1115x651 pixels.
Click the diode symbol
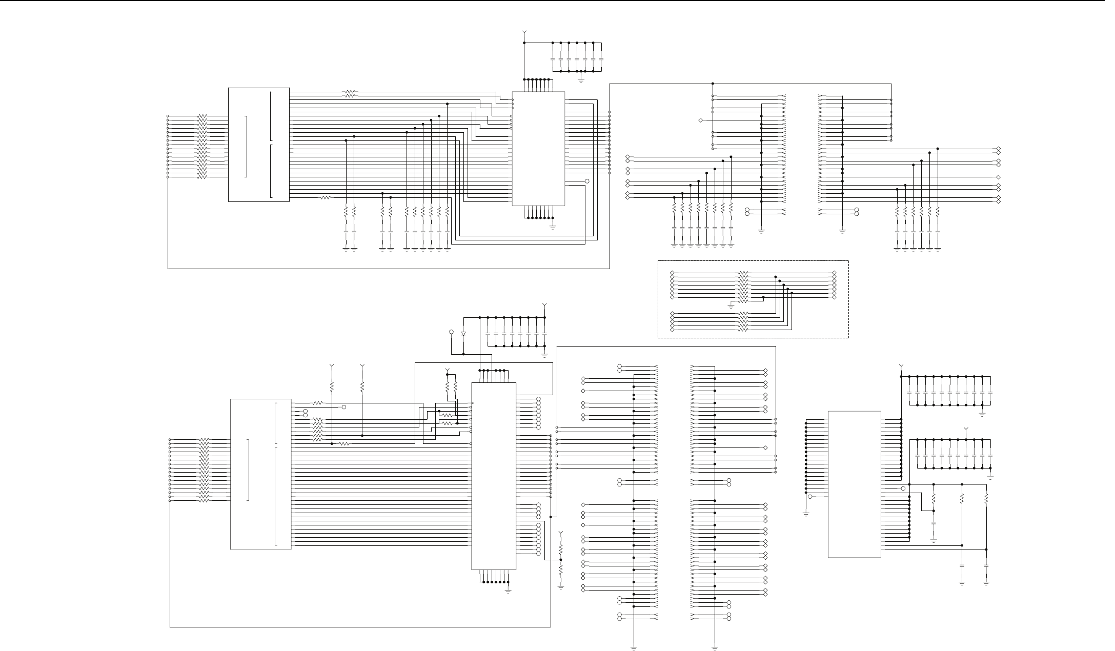pyautogui.click(x=463, y=334)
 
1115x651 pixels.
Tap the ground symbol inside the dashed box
pyautogui.click(x=731, y=305)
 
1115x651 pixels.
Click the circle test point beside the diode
pyautogui.click(x=451, y=332)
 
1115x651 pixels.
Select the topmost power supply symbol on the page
pyautogui.click(x=524, y=33)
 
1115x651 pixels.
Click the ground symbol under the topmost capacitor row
pyautogui.click(x=581, y=79)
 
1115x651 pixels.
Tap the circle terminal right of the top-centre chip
pyautogui.click(x=587, y=181)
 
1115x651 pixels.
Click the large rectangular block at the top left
pyautogui.click(x=258, y=145)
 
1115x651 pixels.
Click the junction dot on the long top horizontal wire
pyautogui.click(x=713, y=84)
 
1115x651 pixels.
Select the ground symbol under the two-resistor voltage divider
pyautogui.click(x=561, y=587)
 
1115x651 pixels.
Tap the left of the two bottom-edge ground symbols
pyautogui.click(x=634, y=647)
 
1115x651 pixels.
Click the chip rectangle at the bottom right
pyautogui.click(x=854, y=484)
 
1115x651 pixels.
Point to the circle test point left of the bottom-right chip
pyautogui.click(x=810, y=497)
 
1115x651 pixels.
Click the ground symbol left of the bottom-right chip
pyautogui.click(x=806, y=513)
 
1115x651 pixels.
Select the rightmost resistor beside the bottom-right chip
pyautogui.click(x=986, y=498)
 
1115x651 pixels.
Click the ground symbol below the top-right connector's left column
pyautogui.click(x=761, y=232)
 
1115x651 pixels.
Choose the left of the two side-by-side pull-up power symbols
pyautogui.click(x=332, y=367)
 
